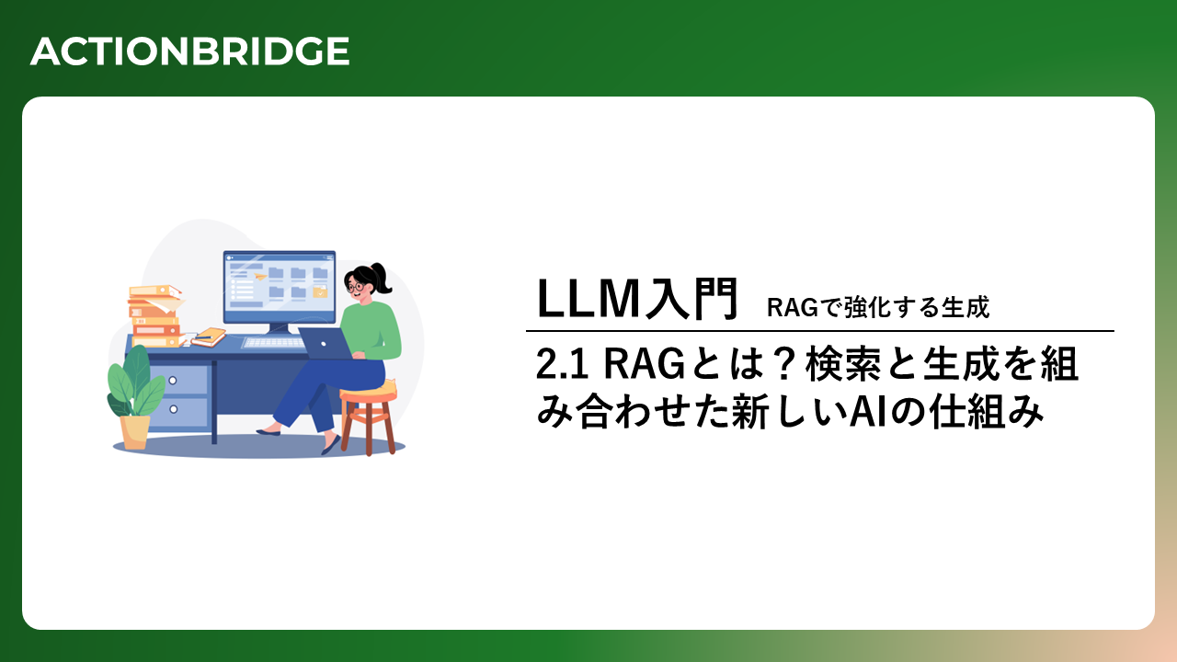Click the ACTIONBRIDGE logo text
coord(189,51)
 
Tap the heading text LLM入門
coord(637,299)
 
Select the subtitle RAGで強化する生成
coord(878,307)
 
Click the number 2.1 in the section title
coord(562,365)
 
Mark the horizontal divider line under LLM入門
coord(819,331)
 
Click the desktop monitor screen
coord(279,288)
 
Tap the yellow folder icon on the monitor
coord(320,291)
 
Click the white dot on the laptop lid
coord(324,344)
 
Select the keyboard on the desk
coord(273,343)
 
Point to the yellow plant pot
coord(134,432)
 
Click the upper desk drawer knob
coord(174,381)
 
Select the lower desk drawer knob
coord(174,409)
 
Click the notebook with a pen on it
coord(209,337)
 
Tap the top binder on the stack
coord(154,291)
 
